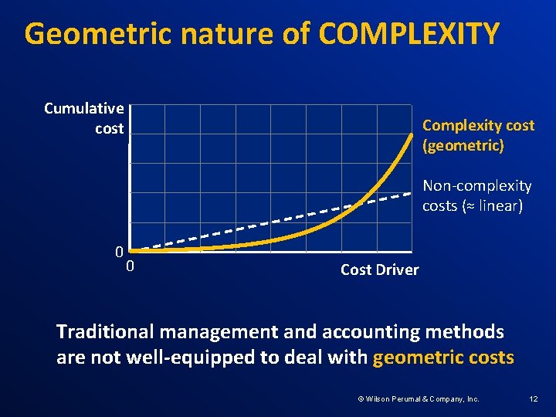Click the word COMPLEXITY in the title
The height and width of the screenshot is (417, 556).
coord(409,34)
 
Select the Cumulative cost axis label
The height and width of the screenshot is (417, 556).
coord(83,118)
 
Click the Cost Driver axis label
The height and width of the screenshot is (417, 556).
coord(379,270)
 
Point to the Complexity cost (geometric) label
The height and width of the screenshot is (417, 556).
coord(478,135)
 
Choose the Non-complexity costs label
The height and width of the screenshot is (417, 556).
coord(476,196)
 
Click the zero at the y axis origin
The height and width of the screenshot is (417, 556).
coord(119,252)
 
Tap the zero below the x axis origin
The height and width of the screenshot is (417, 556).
coord(131,266)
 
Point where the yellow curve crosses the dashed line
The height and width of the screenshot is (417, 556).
coord(357,205)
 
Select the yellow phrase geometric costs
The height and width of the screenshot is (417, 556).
coord(442,357)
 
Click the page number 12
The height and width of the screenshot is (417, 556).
coord(533,398)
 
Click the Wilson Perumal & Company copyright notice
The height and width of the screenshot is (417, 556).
coord(418,398)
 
